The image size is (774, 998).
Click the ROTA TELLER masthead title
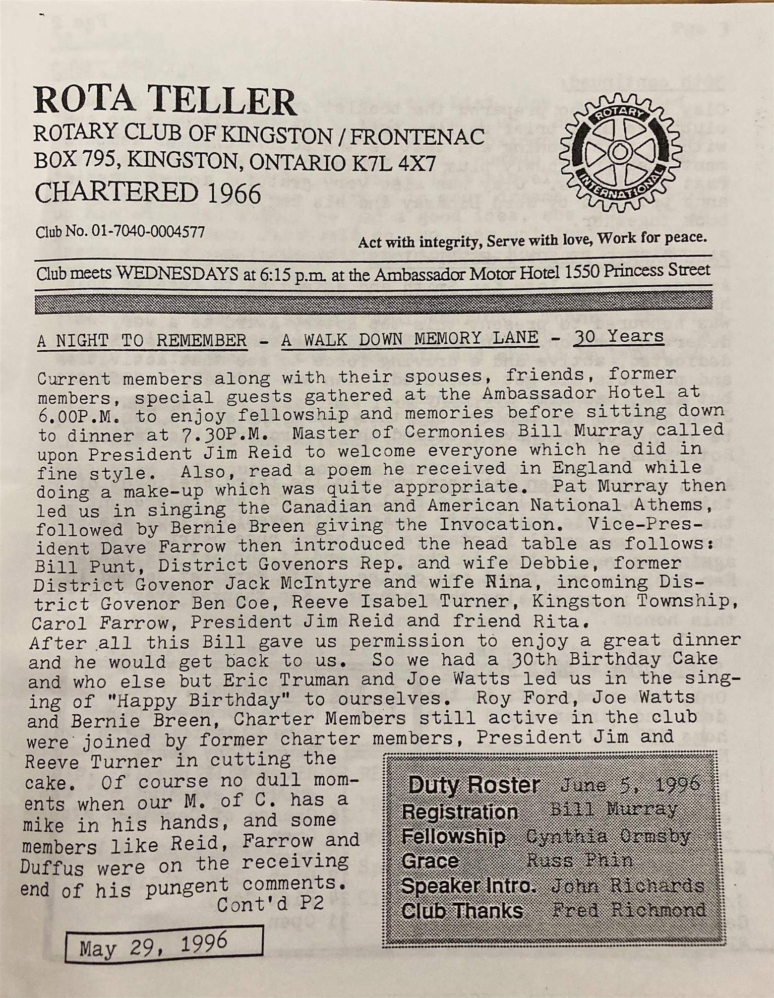click(165, 101)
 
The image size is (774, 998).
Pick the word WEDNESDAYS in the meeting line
click(177, 274)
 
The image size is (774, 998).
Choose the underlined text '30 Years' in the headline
click(618, 336)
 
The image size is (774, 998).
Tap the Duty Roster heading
click(474, 785)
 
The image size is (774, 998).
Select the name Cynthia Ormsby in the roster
click(608, 836)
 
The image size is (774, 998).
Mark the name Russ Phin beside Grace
click(580, 860)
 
